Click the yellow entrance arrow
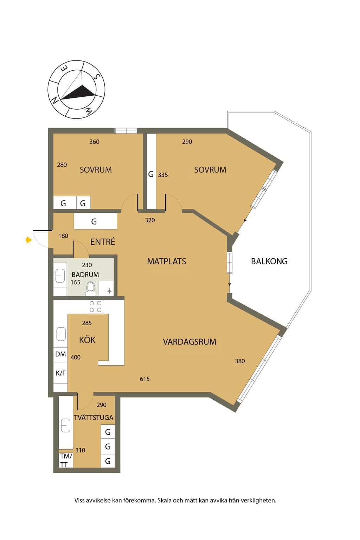pos(29,240)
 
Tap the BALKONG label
pos(269,261)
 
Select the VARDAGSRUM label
pos(189,342)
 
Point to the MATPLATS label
pos(167,261)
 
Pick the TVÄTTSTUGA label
pos(94,417)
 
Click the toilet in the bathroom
pos(90,289)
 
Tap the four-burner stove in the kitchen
pos(96,307)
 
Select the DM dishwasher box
pos(60,354)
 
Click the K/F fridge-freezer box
pos(60,373)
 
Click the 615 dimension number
pos(145,379)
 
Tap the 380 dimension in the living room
pos(240,361)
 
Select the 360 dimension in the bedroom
pos(94,142)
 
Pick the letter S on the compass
pos(96,77)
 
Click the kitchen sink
pos(61,334)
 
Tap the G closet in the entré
pos(95,221)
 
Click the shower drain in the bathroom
pos(109,291)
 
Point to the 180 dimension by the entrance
pos(63,236)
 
